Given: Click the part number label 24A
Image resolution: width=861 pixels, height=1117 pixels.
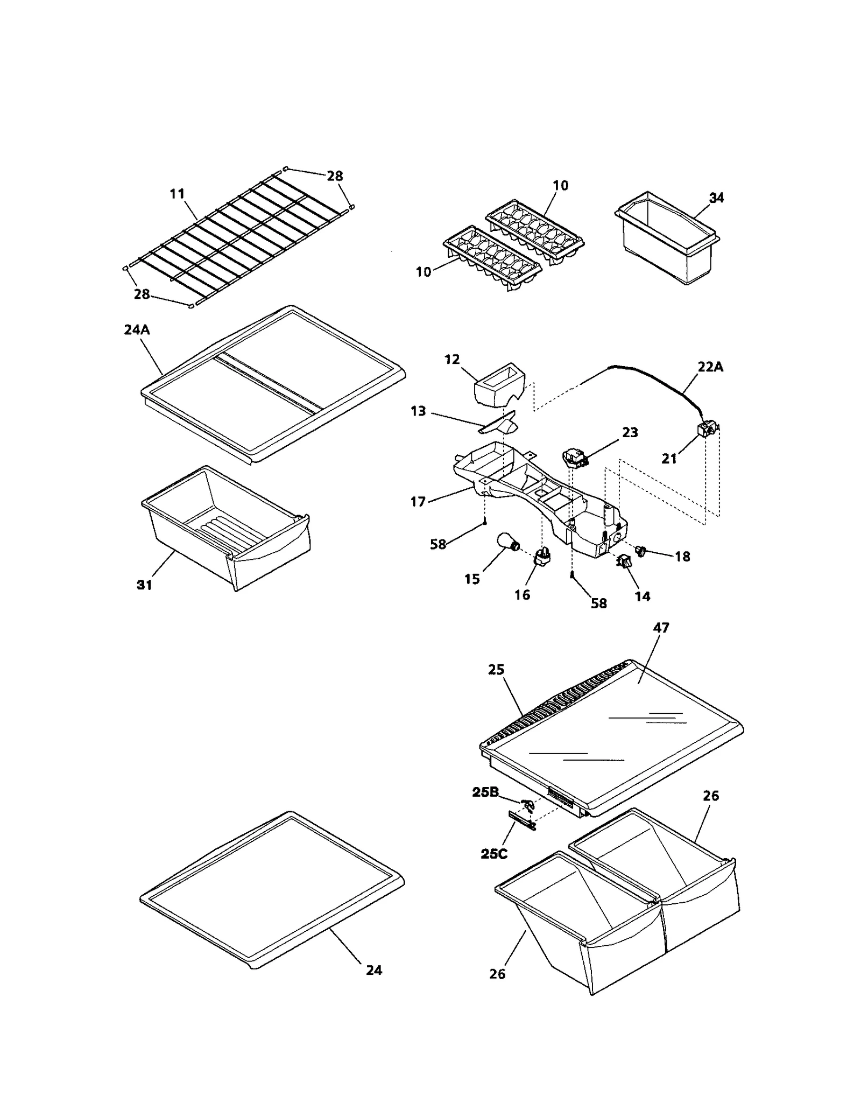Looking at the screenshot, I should [137, 329].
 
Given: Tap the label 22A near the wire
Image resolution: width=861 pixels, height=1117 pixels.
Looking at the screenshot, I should [710, 367].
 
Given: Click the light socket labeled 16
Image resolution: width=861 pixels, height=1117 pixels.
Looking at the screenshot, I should [540, 557].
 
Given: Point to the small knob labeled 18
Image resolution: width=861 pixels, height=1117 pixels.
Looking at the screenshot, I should [640, 550].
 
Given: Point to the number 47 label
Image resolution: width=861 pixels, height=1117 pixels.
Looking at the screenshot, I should [661, 628].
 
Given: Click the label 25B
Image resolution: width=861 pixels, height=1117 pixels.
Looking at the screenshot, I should [485, 792].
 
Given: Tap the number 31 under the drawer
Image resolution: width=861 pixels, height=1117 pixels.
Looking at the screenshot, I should [144, 585].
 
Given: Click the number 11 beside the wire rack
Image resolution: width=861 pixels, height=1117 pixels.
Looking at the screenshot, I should [177, 193].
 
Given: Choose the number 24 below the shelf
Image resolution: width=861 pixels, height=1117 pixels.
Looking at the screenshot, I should [374, 970].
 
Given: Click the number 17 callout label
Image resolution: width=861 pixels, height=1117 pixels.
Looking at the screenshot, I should [418, 502].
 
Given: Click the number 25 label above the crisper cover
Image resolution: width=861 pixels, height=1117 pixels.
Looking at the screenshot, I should [496, 670].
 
